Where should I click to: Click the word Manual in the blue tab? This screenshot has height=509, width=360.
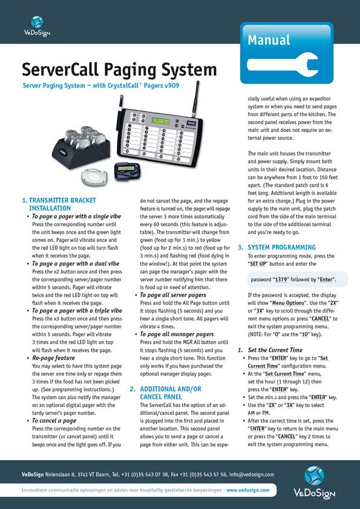pyautogui.click(x=269, y=40)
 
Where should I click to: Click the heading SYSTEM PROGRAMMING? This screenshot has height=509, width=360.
pyautogui.click(x=281, y=248)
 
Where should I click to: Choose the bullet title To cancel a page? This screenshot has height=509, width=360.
pyautogui.click(x=54, y=420)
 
